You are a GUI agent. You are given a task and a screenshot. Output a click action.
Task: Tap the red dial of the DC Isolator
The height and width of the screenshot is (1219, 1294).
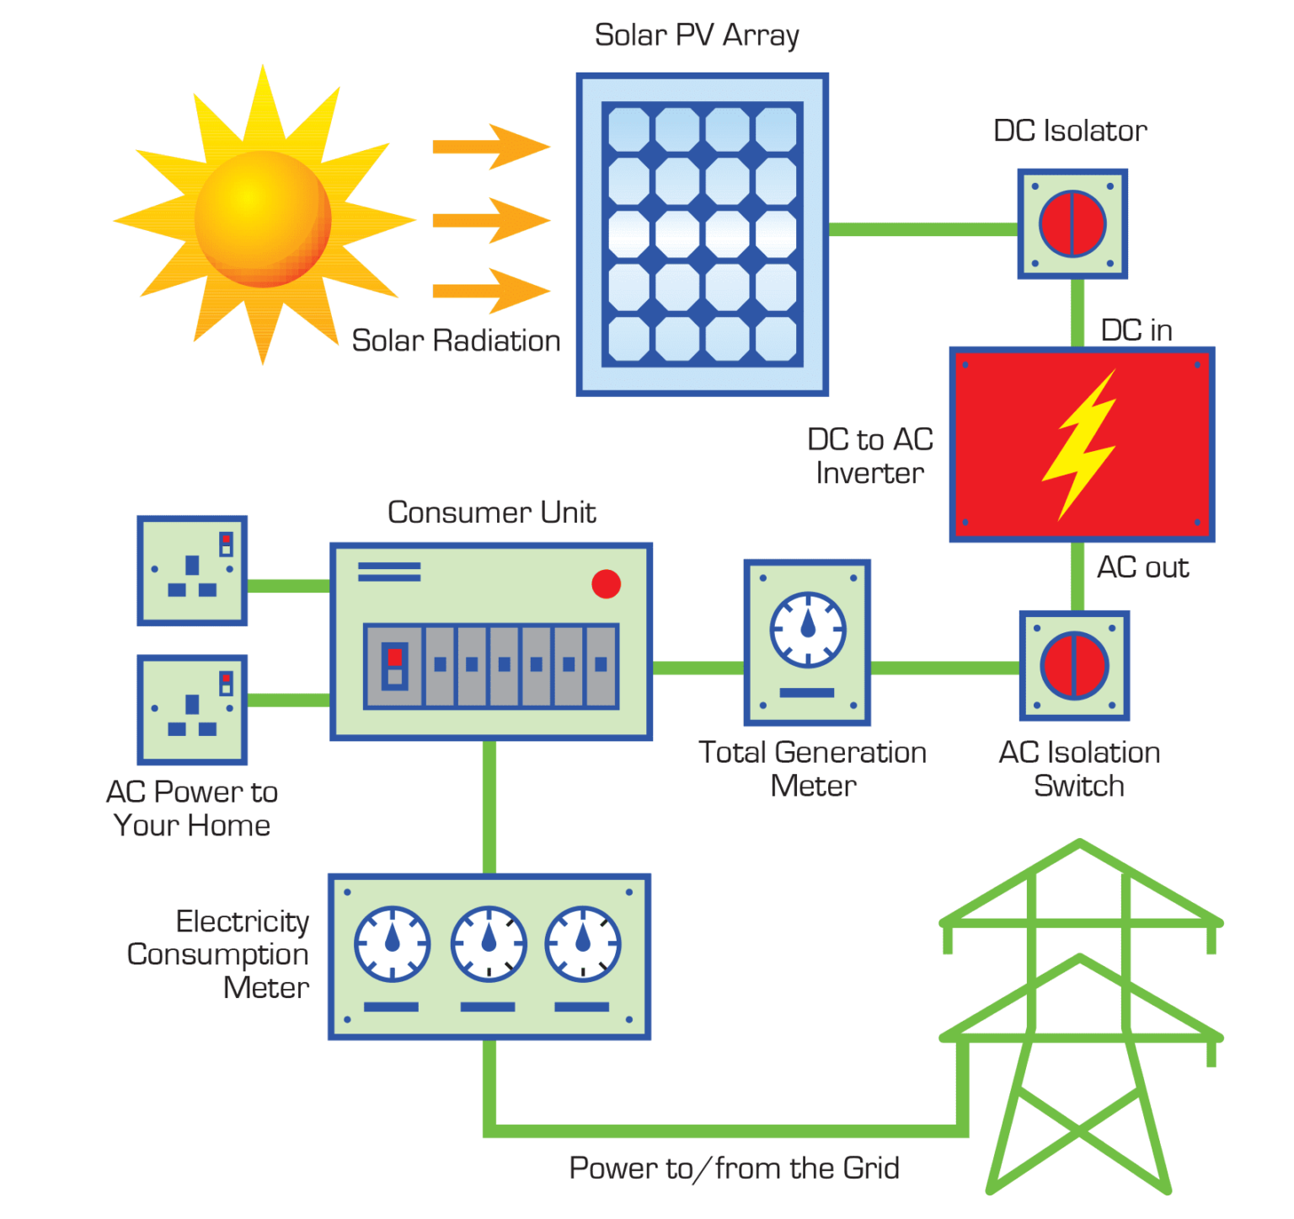coord(1072,223)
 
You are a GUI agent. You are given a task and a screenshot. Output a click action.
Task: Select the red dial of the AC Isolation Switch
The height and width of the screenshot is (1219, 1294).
coord(1074,665)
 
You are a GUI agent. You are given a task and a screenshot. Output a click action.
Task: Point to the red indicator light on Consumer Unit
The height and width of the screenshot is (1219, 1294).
coord(606,583)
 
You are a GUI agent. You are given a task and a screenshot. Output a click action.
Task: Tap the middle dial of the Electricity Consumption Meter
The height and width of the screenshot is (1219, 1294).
coord(489,943)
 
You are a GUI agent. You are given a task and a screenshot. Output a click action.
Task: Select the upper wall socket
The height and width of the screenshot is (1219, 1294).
coord(192,570)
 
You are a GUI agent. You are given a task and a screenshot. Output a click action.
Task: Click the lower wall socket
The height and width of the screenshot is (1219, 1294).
coord(192,710)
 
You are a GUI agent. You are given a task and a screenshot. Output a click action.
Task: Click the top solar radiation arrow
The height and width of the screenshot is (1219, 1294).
coord(491,147)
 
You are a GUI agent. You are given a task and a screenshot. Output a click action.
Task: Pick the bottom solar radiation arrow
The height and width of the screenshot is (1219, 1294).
coord(491,291)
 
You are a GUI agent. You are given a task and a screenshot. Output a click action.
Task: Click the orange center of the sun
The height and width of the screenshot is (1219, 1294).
coord(262,218)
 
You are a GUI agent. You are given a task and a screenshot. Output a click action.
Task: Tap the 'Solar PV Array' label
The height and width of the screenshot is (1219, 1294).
coord(697,35)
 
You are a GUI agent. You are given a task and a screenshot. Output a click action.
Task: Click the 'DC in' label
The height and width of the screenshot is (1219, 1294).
coord(1136,330)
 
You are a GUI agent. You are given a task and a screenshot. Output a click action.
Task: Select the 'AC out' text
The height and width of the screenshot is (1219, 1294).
coord(1143,567)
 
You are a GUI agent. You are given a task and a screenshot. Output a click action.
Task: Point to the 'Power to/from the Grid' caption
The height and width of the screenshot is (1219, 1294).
coord(735,1168)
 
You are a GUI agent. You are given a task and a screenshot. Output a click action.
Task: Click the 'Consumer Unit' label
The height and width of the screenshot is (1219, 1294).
coord(492,512)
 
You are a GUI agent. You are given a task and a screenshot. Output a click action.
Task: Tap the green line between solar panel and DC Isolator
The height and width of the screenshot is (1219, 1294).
coord(922,229)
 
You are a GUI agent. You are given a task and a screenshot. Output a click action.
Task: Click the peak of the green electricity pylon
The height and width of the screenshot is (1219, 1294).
coord(1080,843)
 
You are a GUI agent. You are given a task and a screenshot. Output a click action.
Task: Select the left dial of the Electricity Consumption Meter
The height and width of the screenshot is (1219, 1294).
coord(392,943)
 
